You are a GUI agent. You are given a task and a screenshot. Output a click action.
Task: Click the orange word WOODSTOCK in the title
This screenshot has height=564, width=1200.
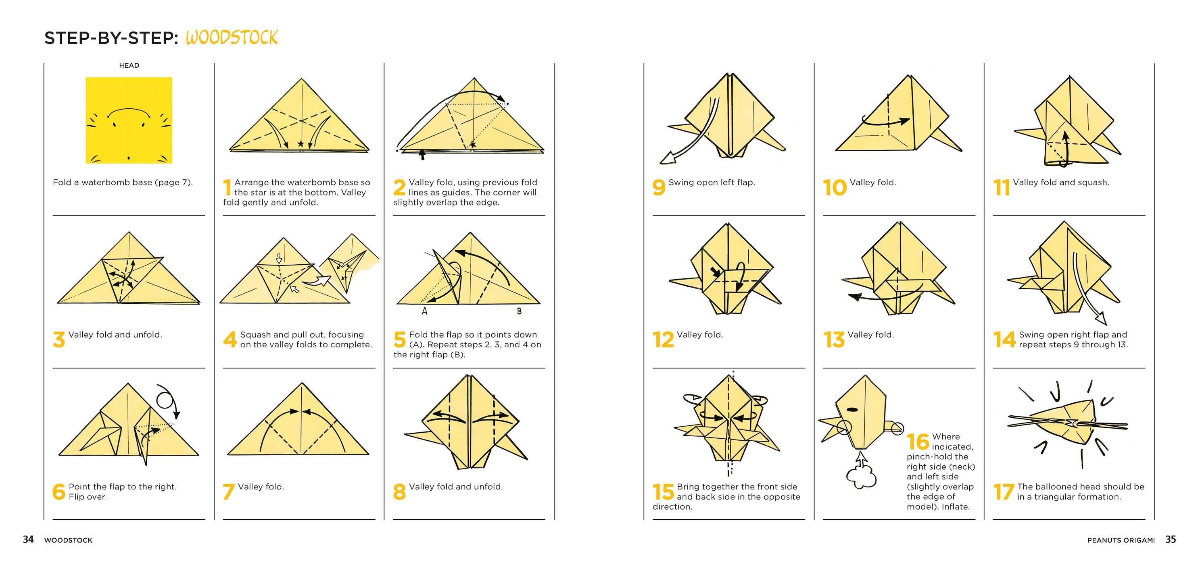coord(232,37)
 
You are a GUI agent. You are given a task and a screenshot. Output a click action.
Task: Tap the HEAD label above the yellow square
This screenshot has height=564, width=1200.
coord(129,65)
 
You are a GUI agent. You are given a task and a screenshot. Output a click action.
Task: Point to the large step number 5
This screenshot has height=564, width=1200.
coord(400,339)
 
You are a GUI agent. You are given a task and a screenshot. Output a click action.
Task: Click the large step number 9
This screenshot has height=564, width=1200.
coord(659,187)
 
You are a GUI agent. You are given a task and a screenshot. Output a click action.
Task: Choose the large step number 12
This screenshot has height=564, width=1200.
coord(663,339)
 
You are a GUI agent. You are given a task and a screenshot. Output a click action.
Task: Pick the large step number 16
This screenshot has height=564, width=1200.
coord(918,441)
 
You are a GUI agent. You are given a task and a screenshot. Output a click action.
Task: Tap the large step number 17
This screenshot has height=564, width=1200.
coord(1004,491)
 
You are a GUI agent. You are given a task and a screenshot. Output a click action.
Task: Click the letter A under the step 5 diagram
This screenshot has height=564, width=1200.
coord(424,311)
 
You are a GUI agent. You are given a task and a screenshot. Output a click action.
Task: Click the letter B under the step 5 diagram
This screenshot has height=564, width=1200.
coord(519,311)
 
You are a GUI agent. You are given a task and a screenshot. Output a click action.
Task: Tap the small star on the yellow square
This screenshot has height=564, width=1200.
coord(129,158)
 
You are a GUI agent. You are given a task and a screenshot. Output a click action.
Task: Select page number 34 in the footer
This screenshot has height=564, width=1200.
coord(28,539)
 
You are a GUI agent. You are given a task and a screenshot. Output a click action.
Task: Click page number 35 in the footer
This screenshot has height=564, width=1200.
coord(1171,539)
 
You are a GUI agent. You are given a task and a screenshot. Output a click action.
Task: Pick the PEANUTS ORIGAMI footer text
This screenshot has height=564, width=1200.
coord(1121,540)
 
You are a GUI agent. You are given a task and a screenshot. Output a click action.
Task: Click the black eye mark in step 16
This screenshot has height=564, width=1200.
coord(852,410)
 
